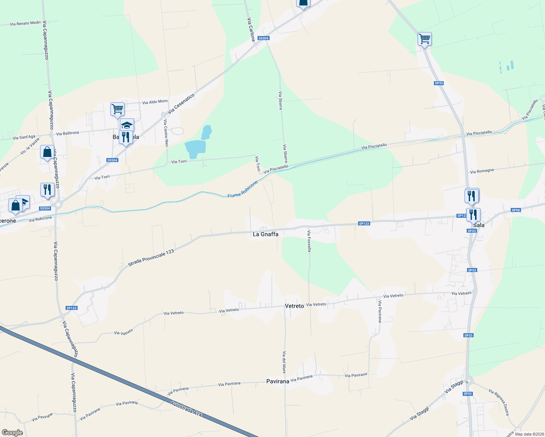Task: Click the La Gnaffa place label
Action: point(265,234)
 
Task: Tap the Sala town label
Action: point(479,225)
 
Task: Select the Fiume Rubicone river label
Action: point(243,190)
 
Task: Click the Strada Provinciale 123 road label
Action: point(151,258)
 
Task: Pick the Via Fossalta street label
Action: point(309,241)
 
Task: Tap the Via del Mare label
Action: point(284,362)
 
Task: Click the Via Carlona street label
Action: point(251,29)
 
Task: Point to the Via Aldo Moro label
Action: point(155,102)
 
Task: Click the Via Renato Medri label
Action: point(25,23)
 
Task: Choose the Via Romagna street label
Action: point(482,171)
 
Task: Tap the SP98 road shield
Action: point(515,210)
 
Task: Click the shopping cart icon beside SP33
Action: point(424,38)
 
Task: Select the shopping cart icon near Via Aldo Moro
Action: point(117,109)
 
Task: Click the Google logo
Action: point(12,433)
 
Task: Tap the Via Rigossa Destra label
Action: point(499,402)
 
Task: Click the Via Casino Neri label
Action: point(166,133)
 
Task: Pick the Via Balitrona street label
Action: point(67,133)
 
